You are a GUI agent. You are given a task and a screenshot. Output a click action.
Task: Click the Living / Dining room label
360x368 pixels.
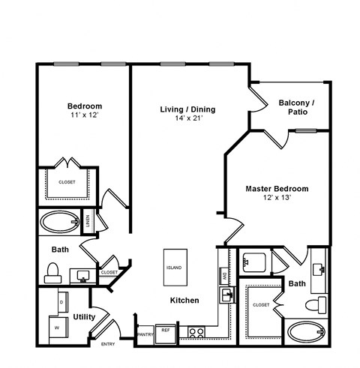click(x=187, y=109)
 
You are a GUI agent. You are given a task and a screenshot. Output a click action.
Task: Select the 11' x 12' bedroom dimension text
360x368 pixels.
click(x=84, y=116)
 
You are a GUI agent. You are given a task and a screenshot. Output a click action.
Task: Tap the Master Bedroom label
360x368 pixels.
click(x=277, y=189)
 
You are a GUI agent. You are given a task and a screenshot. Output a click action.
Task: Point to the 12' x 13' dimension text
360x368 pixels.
click(x=277, y=199)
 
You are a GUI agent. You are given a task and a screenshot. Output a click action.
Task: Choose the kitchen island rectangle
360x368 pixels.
click(x=174, y=268)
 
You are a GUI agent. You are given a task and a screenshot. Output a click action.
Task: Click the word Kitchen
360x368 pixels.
click(x=184, y=301)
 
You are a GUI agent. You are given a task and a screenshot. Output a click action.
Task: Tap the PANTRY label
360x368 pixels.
click(x=145, y=334)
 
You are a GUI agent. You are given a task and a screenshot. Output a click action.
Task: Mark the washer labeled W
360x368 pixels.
click(x=55, y=326)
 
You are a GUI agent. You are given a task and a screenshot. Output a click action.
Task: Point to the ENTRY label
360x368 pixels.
click(x=109, y=344)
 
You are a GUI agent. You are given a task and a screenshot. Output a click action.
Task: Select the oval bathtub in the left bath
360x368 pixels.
click(x=58, y=222)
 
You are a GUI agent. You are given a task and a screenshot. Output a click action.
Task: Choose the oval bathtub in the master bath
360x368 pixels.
click(x=307, y=331)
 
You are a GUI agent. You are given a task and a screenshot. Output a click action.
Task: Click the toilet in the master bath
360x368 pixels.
click(x=320, y=305)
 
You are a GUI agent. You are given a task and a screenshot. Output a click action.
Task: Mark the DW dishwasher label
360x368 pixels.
click(x=224, y=277)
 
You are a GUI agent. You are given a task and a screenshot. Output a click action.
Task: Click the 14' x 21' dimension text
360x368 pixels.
click(x=187, y=119)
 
